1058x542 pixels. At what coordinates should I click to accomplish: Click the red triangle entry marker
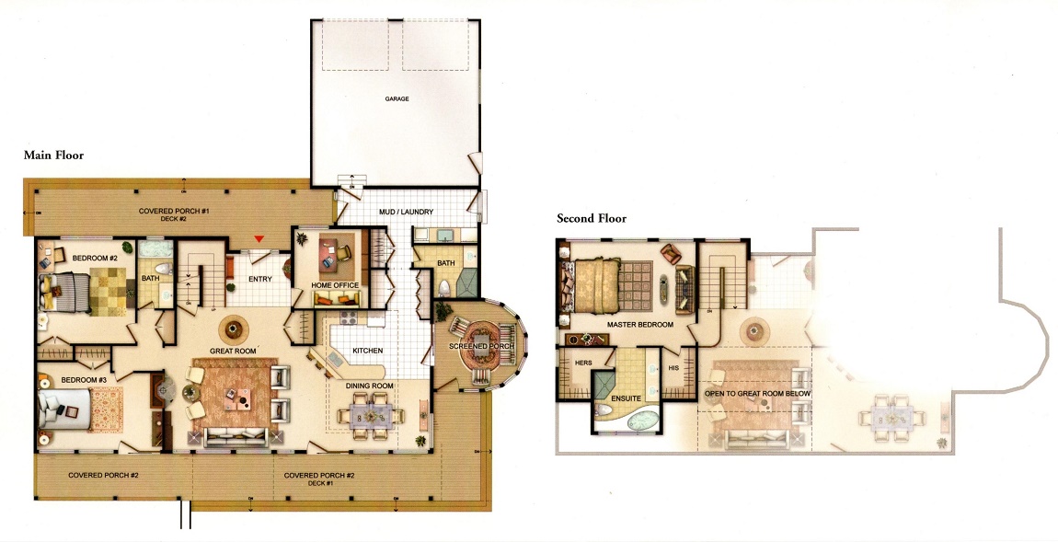pyautogui.click(x=259, y=239)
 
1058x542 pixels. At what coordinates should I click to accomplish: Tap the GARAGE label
pyautogui.click(x=397, y=98)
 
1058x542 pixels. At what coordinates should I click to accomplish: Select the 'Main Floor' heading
pyautogui.click(x=54, y=156)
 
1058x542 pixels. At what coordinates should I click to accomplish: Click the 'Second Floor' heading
pyautogui.click(x=592, y=218)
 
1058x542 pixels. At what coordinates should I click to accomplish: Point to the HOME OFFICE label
pyautogui.click(x=335, y=285)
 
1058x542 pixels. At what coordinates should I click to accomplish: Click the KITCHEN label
pyautogui.click(x=368, y=351)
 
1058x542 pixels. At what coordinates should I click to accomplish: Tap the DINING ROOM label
pyautogui.click(x=370, y=386)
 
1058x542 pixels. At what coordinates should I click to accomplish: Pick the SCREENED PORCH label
pyautogui.click(x=482, y=346)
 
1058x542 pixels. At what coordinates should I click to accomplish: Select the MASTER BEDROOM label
pyautogui.click(x=639, y=325)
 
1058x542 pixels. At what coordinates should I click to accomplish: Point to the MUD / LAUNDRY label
pyautogui.click(x=407, y=212)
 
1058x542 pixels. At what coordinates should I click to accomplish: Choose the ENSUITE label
pyautogui.click(x=627, y=398)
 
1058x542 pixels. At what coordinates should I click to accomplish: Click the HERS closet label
pyautogui.click(x=583, y=363)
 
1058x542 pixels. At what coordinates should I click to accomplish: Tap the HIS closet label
pyautogui.click(x=673, y=368)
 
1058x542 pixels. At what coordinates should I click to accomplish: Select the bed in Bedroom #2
pyautogui.click(x=64, y=292)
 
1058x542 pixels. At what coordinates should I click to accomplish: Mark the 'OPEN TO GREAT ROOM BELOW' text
pyautogui.click(x=758, y=393)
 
